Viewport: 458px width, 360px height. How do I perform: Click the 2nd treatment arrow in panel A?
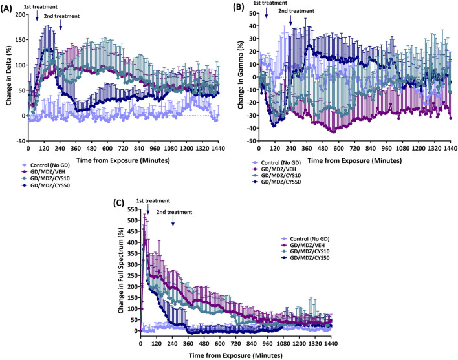(60, 25)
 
